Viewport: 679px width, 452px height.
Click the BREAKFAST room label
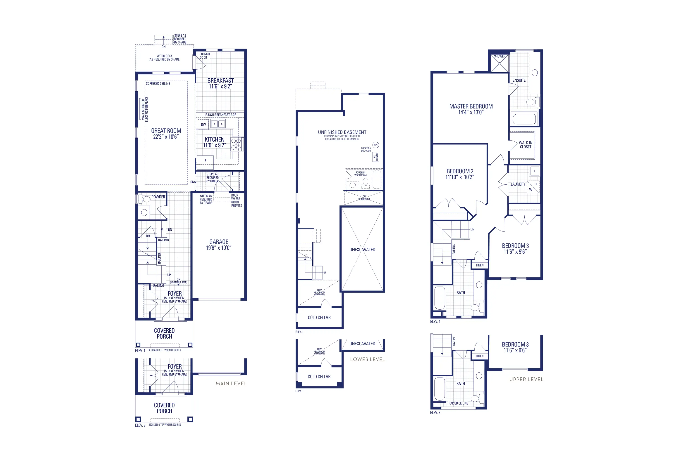tap(220, 80)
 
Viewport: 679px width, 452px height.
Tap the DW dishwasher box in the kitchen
tap(203, 125)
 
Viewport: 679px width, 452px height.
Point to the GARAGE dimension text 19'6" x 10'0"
tap(219, 248)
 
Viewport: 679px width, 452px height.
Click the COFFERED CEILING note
tap(158, 84)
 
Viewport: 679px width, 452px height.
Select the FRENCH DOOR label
tap(204, 56)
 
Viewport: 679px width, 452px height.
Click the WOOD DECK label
tap(164, 58)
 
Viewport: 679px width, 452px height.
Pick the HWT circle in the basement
tap(375, 145)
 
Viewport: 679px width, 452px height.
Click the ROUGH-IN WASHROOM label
tap(360, 174)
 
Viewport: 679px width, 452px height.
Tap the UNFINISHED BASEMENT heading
tap(342, 132)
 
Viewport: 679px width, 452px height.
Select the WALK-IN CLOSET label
tap(525, 145)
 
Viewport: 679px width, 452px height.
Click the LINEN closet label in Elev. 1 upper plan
tap(480, 265)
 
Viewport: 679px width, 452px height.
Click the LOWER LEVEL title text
tap(367, 360)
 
